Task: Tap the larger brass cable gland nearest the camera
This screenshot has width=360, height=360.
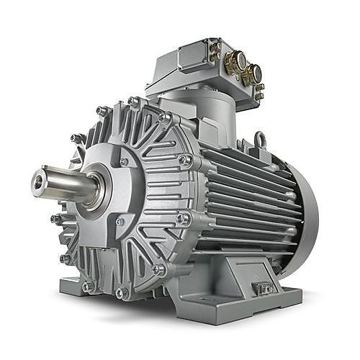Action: pos(251,73)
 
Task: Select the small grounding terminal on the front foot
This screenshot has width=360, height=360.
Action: pos(265,289)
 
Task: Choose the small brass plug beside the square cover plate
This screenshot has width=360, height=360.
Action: pos(214,50)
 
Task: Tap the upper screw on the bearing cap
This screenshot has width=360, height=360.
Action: pos(124,162)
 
